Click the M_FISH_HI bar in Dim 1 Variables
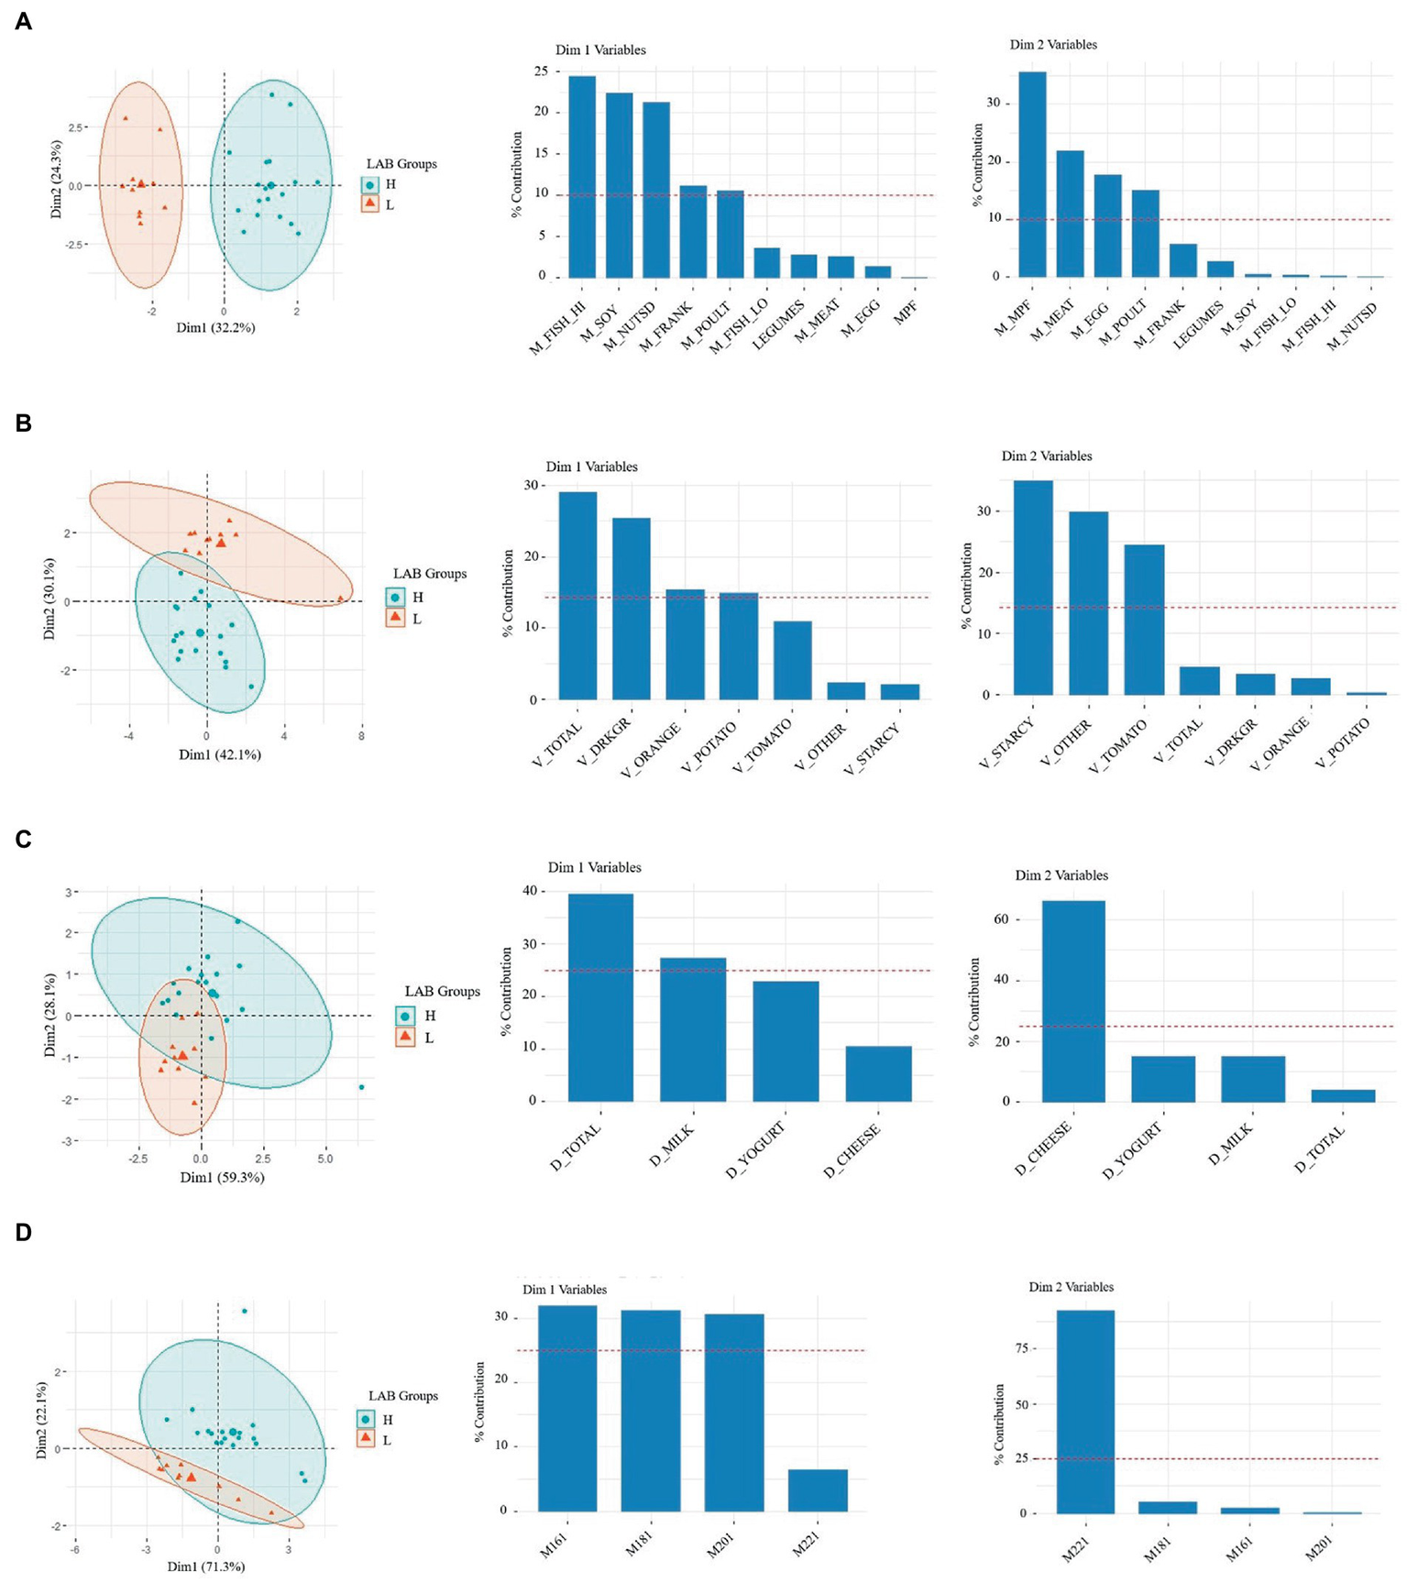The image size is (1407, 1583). [582, 177]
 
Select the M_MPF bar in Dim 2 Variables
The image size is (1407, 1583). [1032, 174]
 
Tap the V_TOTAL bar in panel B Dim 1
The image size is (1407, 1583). [577, 596]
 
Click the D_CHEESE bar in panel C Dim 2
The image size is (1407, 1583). [1072, 1001]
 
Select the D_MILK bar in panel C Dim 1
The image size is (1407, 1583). [693, 1029]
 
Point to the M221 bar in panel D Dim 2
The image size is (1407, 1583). [1085, 1412]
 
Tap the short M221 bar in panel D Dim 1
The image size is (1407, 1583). [818, 1490]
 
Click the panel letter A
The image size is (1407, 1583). [23, 22]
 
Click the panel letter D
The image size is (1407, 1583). [23, 1232]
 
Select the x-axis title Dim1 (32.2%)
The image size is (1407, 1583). [216, 327]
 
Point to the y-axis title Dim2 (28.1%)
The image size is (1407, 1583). [51, 1015]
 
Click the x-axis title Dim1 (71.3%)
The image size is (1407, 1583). [206, 1567]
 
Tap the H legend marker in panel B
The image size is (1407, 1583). [395, 598]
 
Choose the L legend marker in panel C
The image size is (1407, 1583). [406, 1038]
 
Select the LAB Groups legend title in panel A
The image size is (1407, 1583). [401, 164]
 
